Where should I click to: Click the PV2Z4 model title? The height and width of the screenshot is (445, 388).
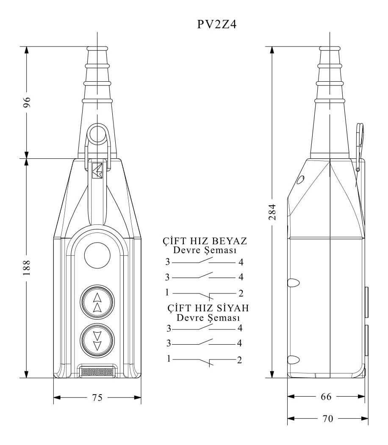click(216, 24)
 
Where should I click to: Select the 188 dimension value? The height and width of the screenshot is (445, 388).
click(27, 267)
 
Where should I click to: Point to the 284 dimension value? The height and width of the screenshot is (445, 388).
click(272, 212)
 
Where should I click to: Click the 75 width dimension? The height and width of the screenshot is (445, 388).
click(97, 398)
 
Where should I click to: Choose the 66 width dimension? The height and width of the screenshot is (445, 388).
click(326, 396)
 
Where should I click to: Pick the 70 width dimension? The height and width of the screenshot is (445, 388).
click(328, 418)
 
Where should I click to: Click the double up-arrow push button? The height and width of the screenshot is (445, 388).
click(97, 302)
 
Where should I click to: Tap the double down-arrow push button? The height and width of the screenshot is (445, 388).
click(97, 340)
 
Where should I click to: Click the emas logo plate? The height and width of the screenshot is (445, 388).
click(97, 372)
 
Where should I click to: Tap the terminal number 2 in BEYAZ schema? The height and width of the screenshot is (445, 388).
click(241, 293)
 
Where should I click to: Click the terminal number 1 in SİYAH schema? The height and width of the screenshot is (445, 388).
click(169, 359)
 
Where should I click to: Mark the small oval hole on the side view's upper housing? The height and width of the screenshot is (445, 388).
click(300, 180)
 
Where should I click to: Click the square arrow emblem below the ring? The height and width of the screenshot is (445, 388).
click(97, 171)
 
